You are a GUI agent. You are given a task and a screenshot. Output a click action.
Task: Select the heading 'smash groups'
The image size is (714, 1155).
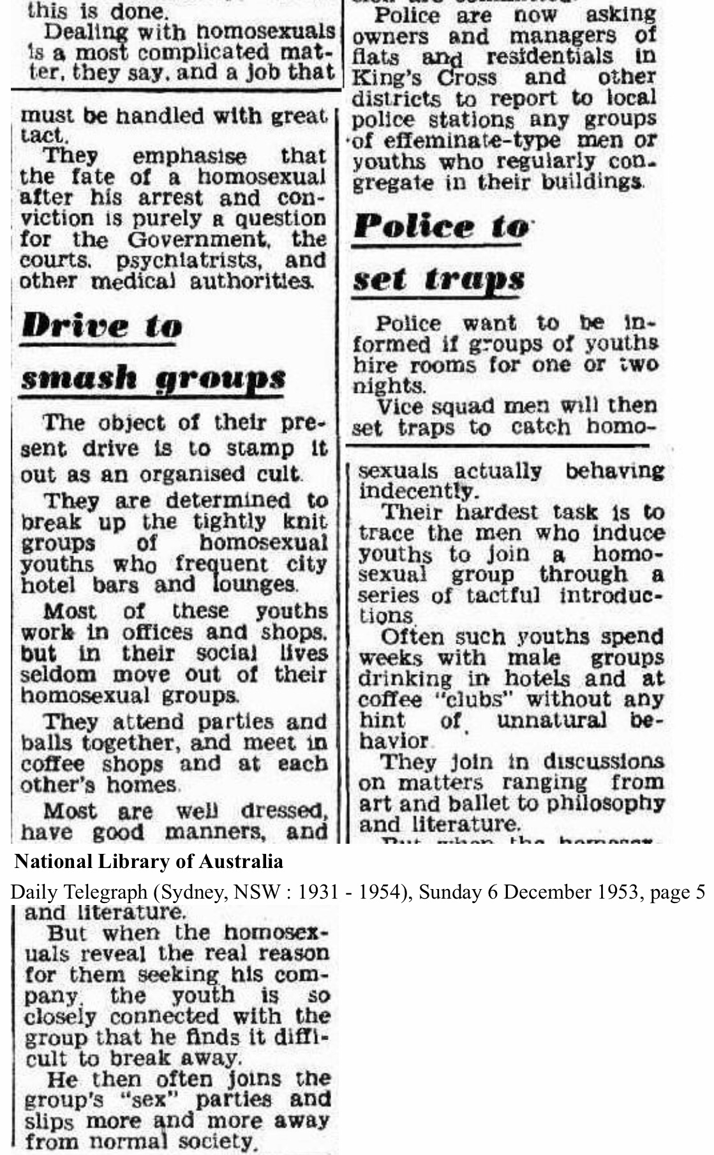click(x=153, y=379)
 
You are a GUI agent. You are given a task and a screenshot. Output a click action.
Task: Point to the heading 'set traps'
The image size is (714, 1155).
click(x=439, y=279)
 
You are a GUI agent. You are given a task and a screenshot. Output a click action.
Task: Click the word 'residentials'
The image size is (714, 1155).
click(x=549, y=56)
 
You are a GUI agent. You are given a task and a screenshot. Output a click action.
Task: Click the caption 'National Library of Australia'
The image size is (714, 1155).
click(x=149, y=862)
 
